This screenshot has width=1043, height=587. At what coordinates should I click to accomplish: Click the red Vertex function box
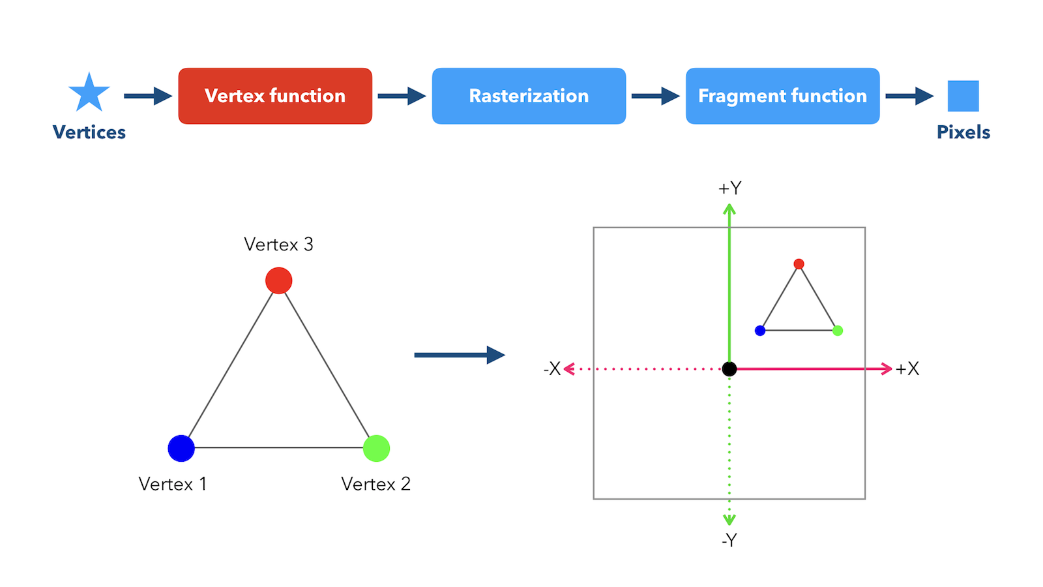(275, 96)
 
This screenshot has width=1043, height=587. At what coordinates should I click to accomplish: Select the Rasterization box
(529, 96)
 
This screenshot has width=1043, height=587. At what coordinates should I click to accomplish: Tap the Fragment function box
(783, 96)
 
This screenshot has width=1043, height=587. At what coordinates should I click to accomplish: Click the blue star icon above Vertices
(89, 93)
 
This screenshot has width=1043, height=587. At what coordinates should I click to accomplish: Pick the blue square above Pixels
(963, 96)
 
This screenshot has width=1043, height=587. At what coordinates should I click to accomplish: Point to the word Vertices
(89, 132)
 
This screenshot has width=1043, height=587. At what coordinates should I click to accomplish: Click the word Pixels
(963, 132)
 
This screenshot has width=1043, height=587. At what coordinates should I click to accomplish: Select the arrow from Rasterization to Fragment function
(656, 96)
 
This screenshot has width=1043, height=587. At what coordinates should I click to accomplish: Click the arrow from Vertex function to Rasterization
(402, 96)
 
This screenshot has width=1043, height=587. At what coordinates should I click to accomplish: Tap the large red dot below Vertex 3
(279, 280)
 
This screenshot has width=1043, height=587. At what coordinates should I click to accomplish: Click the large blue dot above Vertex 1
(181, 448)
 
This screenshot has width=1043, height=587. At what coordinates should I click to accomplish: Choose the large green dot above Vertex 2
(376, 448)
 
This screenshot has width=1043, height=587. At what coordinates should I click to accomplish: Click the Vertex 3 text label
(278, 244)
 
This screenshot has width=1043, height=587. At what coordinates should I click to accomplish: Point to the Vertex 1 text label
(173, 484)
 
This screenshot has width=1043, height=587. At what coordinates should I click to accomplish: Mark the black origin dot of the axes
(729, 369)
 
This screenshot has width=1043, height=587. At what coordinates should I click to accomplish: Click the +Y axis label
(729, 188)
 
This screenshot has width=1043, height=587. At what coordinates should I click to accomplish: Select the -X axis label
(551, 369)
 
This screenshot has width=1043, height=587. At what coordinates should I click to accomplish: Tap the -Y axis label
(729, 541)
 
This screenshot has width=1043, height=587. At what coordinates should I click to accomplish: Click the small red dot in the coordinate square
(799, 264)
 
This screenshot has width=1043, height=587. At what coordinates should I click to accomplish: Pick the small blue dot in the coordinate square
(760, 331)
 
